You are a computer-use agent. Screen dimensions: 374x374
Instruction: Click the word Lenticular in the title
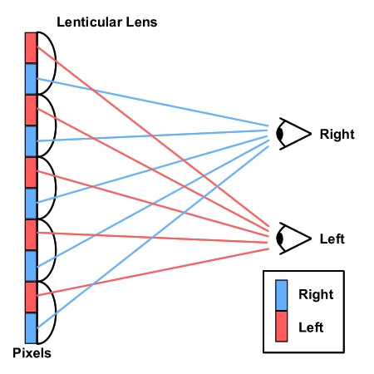click(90, 22)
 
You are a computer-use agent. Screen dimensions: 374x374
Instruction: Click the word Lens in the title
click(141, 22)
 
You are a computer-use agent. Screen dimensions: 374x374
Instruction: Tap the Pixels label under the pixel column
click(32, 353)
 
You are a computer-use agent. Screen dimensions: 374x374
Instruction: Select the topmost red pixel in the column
click(31, 48)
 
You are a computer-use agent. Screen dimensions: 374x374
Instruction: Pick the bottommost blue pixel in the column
click(31, 328)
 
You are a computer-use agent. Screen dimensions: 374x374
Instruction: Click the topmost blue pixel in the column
click(31, 79)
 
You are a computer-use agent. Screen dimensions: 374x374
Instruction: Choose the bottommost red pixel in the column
click(31, 297)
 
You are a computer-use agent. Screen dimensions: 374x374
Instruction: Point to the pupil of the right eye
click(280, 134)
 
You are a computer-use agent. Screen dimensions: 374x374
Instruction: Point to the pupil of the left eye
click(280, 239)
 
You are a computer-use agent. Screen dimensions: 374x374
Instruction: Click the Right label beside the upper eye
click(337, 134)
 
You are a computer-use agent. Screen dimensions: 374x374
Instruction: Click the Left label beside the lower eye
click(332, 239)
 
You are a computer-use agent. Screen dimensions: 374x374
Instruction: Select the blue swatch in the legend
click(282, 295)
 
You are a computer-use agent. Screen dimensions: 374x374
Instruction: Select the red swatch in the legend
click(282, 326)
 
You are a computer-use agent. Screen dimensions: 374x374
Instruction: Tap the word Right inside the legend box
click(316, 294)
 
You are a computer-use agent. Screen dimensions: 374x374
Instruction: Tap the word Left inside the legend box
click(311, 327)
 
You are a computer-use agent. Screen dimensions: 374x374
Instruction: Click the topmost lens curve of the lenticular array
click(56, 63)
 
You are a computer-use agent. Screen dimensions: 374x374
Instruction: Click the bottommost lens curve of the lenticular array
click(56, 312)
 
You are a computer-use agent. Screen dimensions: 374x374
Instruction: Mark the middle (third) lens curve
click(56, 188)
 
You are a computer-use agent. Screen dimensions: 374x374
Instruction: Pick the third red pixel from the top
click(31, 172)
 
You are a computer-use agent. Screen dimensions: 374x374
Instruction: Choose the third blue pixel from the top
click(31, 204)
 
